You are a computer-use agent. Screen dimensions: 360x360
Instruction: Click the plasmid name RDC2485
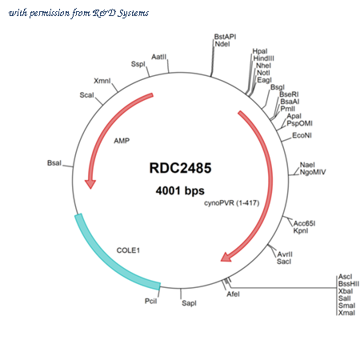(180, 168)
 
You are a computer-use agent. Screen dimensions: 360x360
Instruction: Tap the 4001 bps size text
(180, 190)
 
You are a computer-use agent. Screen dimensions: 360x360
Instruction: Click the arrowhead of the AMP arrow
(90, 184)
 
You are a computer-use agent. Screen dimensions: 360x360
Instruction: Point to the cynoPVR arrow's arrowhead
(226, 257)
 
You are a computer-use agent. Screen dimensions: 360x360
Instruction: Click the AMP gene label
(122, 141)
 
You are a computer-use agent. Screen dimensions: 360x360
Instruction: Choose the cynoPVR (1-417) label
(232, 203)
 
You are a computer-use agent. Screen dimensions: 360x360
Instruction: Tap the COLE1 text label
(128, 250)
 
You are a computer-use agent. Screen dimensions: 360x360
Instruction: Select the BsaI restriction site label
(54, 163)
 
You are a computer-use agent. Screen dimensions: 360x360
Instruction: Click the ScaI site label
(86, 95)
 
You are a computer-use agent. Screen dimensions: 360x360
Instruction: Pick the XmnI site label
(102, 81)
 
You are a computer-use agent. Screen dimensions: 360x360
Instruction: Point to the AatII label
(158, 57)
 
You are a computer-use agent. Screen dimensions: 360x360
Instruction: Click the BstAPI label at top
(225, 37)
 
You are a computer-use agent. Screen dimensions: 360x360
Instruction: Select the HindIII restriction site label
(263, 58)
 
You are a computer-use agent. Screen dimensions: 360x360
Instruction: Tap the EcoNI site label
(302, 135)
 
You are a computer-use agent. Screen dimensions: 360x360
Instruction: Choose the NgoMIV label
(313, 172)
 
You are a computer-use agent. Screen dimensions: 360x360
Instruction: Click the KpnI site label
(301, 230)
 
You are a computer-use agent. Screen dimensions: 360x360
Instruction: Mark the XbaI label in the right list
(346, 291)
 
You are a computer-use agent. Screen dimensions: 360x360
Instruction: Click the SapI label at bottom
(189, 303)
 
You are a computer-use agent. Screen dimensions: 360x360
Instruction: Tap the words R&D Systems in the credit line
(121, 13)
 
